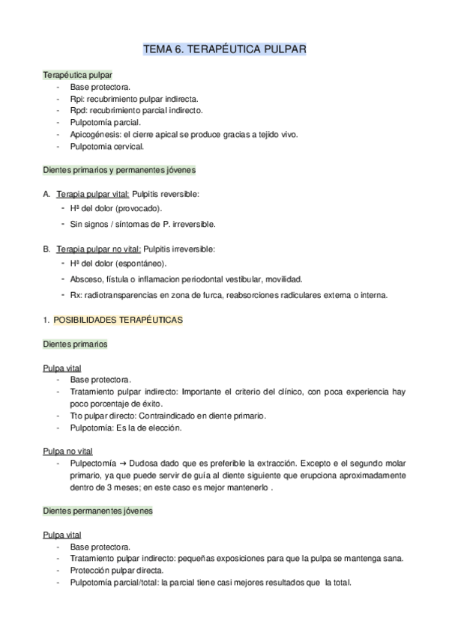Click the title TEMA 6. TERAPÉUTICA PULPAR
click(x=224, y=50)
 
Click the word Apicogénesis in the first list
click(x=94, y=134)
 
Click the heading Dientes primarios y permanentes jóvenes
click(x=120, y=170)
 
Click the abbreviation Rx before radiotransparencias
click(x=75, y=294)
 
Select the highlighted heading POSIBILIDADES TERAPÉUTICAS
click(x=118, y=320)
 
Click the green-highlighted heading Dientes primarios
click(x=75, y=344)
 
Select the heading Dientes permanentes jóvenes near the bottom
click(x=98, y=511)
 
